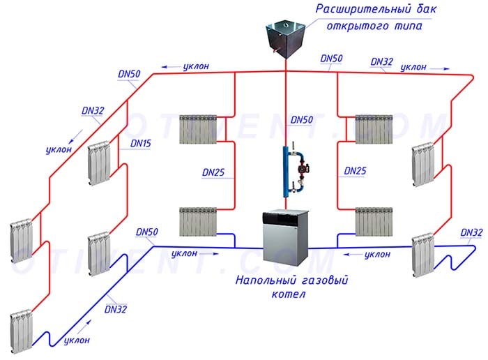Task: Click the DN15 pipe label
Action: click(140, 143)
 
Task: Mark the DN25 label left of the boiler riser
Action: click(214, 171)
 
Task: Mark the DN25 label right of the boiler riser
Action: click(356, 171)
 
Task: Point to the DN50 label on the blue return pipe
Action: click(147, 231)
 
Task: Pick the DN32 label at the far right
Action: click(472, 232)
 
